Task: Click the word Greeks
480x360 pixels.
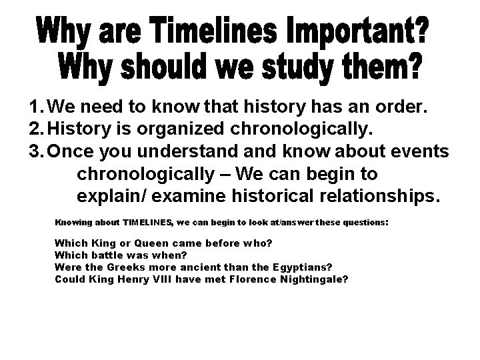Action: click(x=120, y=267)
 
